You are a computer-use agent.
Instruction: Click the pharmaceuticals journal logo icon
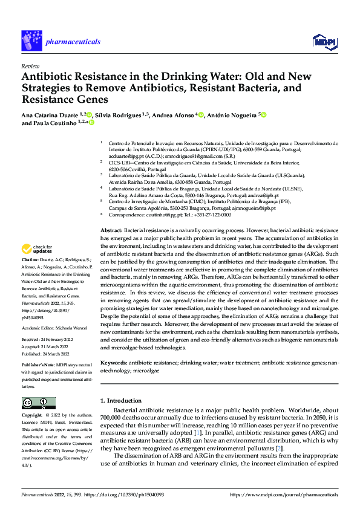(x=31, y=41)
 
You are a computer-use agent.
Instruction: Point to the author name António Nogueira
(x=233, y=114)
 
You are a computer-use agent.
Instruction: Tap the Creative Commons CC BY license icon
(x=39, y=403)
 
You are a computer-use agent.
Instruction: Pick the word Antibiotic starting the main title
(x=48, y=77)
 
